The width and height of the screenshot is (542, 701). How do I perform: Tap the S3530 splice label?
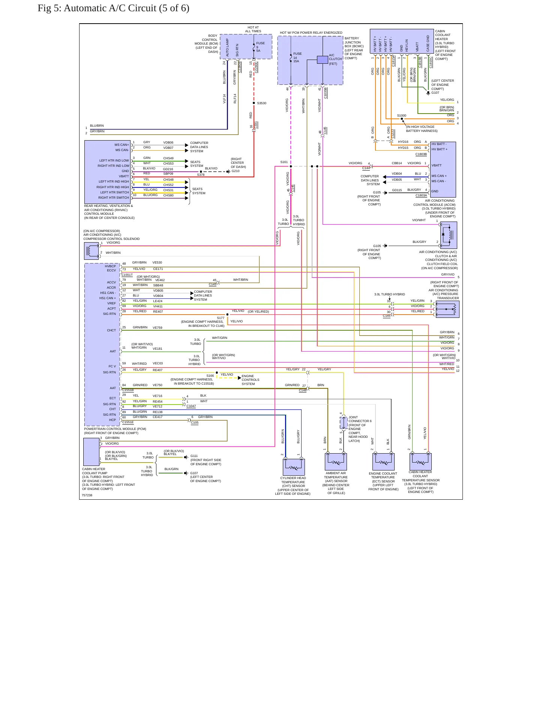click(x=262, y=103)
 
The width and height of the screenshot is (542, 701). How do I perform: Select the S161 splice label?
click(x=284, y=162)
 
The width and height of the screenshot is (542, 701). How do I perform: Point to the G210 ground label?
click(x=236, y=171)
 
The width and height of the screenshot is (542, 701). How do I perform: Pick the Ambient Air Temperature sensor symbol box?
click(x=336, y=461)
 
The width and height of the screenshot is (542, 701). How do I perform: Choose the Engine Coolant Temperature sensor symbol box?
click(x=383, y=461)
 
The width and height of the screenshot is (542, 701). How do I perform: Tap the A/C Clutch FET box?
click(x=323, y=60)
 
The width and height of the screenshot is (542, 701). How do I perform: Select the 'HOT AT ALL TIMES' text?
click(x=253, y=29)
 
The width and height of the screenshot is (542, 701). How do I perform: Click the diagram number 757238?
click(x=87, y=495)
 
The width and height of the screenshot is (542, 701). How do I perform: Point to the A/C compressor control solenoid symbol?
click(x=91, y=251)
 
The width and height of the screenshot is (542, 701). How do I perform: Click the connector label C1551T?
click(x=127, y=275)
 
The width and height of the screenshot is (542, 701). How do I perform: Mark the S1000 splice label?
click(x=401, y=115)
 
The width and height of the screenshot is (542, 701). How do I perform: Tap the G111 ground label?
click(x=194, y=456)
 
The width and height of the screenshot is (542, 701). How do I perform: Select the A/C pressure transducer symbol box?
click(x=447, y=309)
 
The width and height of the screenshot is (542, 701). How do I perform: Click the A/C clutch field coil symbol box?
click(x=449, y=235)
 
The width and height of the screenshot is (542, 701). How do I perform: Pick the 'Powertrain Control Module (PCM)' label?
click(x=115, y=429)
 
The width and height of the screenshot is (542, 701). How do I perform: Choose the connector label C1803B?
click(x=421, y=154)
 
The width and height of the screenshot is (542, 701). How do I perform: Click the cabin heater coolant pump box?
click(x=92, y=452)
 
